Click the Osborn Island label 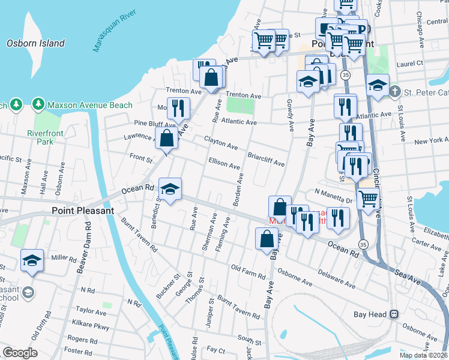[35, 43]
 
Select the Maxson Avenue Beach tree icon [39, 105]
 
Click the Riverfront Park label [40, 137]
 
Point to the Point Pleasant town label [83, 211]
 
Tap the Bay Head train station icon [394, 314]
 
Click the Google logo [19, 353]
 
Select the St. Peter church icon [394, 92]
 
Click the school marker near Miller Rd [32, 261]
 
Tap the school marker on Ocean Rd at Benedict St [170, 190]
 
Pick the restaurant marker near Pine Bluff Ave [178, 109]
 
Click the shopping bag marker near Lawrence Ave [166, 138]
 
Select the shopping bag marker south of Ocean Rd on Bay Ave [267, 239]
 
